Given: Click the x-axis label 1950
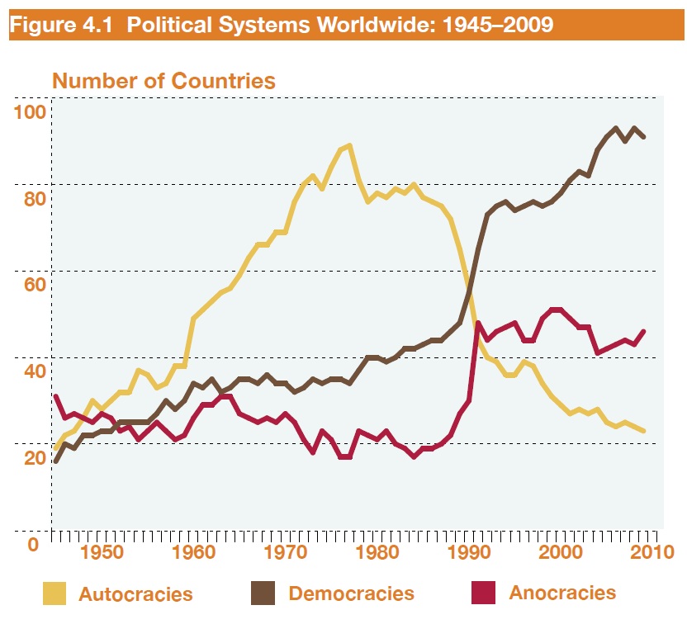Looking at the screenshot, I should (x=100, y=551).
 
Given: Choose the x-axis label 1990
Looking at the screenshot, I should (x=470, y=551).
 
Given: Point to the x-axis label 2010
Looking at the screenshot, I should (x=653, y=551).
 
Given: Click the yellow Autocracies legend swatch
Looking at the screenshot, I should (x=54, y=593).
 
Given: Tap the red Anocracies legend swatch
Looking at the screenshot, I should (x=483, y=592).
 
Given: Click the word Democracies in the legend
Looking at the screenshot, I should (x=351, y=593).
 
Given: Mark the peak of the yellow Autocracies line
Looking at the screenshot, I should (x=349, y=146).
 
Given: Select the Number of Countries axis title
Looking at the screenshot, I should (x=163, y=81).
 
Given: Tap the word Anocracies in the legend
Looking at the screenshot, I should (x=562, y=593).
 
